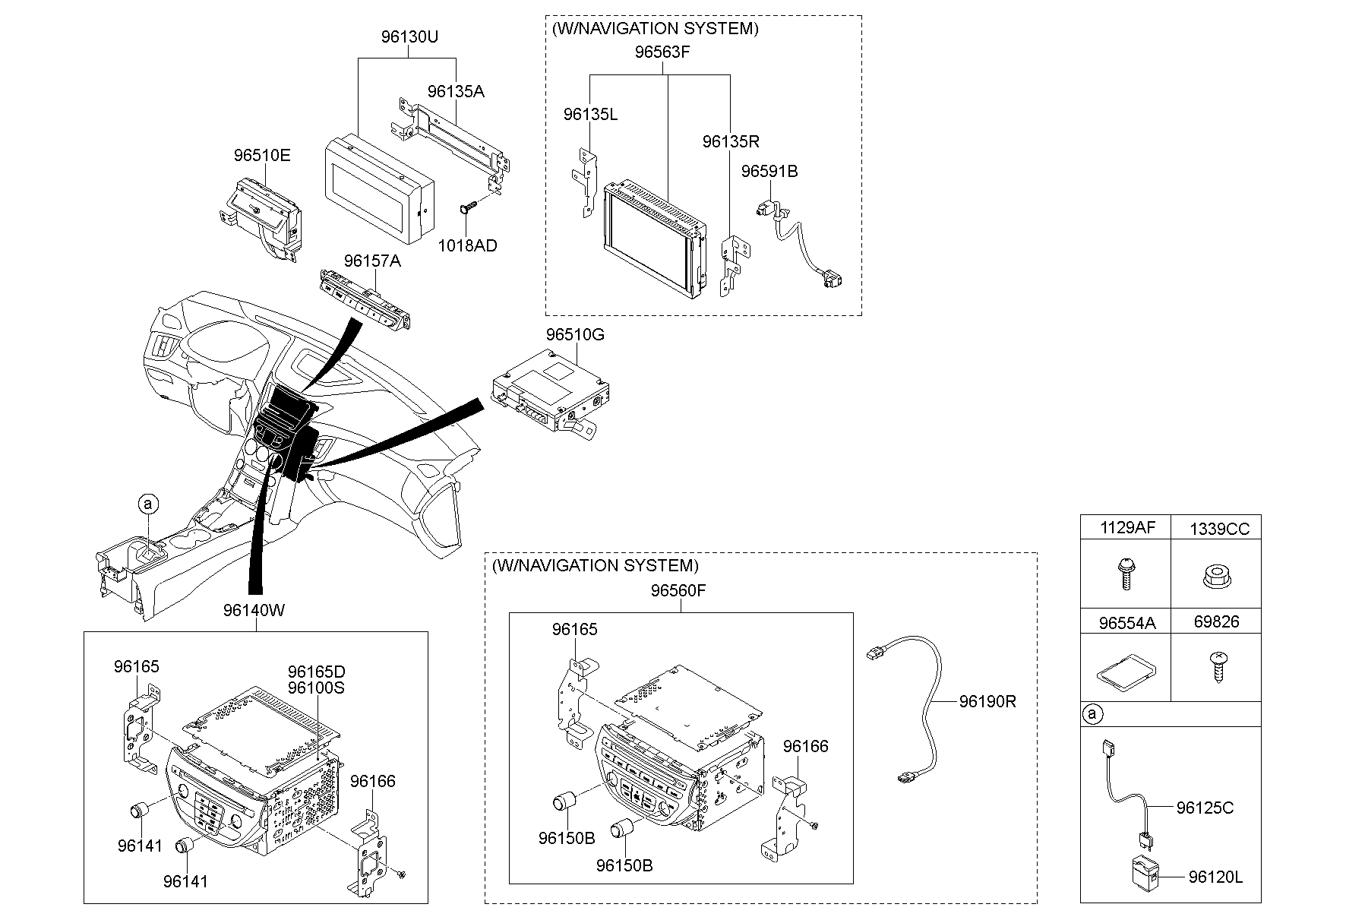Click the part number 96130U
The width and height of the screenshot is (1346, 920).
click(x=409, y=36)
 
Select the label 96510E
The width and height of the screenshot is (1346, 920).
click(x=262, y=156)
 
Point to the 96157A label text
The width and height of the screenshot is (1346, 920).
click(x=371, y=261)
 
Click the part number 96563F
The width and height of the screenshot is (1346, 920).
click(x=663, y=52)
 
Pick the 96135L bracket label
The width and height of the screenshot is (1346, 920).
click(x=590, y=115)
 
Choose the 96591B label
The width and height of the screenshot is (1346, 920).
click(x=769, y=172)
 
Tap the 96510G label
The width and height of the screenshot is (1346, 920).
click(x=575, y=334)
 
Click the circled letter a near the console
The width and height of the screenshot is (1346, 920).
click(x=149, y=503)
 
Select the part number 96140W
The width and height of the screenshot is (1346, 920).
click(x=254, y=610)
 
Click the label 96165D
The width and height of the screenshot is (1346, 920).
click(x=316, y=672)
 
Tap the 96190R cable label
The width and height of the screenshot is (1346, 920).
click(x=987, y=702)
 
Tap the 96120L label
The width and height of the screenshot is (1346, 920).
click(x=1215, y=877)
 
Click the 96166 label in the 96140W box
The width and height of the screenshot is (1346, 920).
click(x=373, y=781)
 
